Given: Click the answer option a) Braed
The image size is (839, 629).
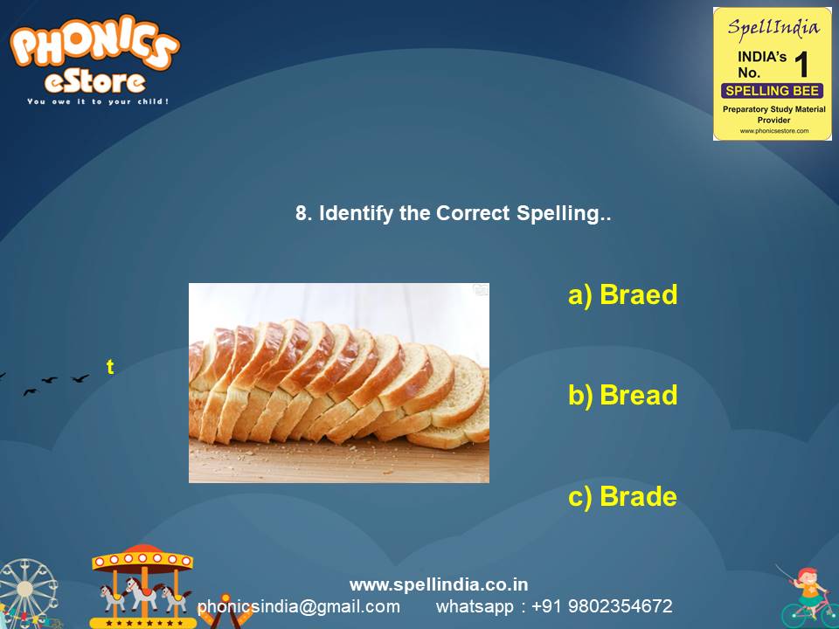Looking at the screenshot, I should pos(622,295).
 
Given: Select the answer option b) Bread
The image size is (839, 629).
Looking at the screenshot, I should pos(622,396).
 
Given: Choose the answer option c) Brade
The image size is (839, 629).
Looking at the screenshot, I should pos(622,497).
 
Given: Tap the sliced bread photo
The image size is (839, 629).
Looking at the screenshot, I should pos(339,383).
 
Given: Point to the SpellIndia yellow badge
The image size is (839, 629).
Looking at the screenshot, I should pos(772,73).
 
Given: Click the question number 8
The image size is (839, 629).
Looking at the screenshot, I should pos(303,213).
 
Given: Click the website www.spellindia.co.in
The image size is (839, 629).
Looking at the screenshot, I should pos(439,584).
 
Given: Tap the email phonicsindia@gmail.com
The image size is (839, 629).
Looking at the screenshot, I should pos(299,606).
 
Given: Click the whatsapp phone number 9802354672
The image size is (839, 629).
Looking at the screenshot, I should pos(620,606).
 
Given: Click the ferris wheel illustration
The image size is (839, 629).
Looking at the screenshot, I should pos(26,594).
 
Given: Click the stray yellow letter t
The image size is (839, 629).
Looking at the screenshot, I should pos(110,368).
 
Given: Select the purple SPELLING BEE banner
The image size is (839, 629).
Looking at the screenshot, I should pos(772,91).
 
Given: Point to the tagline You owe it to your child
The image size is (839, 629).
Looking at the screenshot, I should pos(97,101).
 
